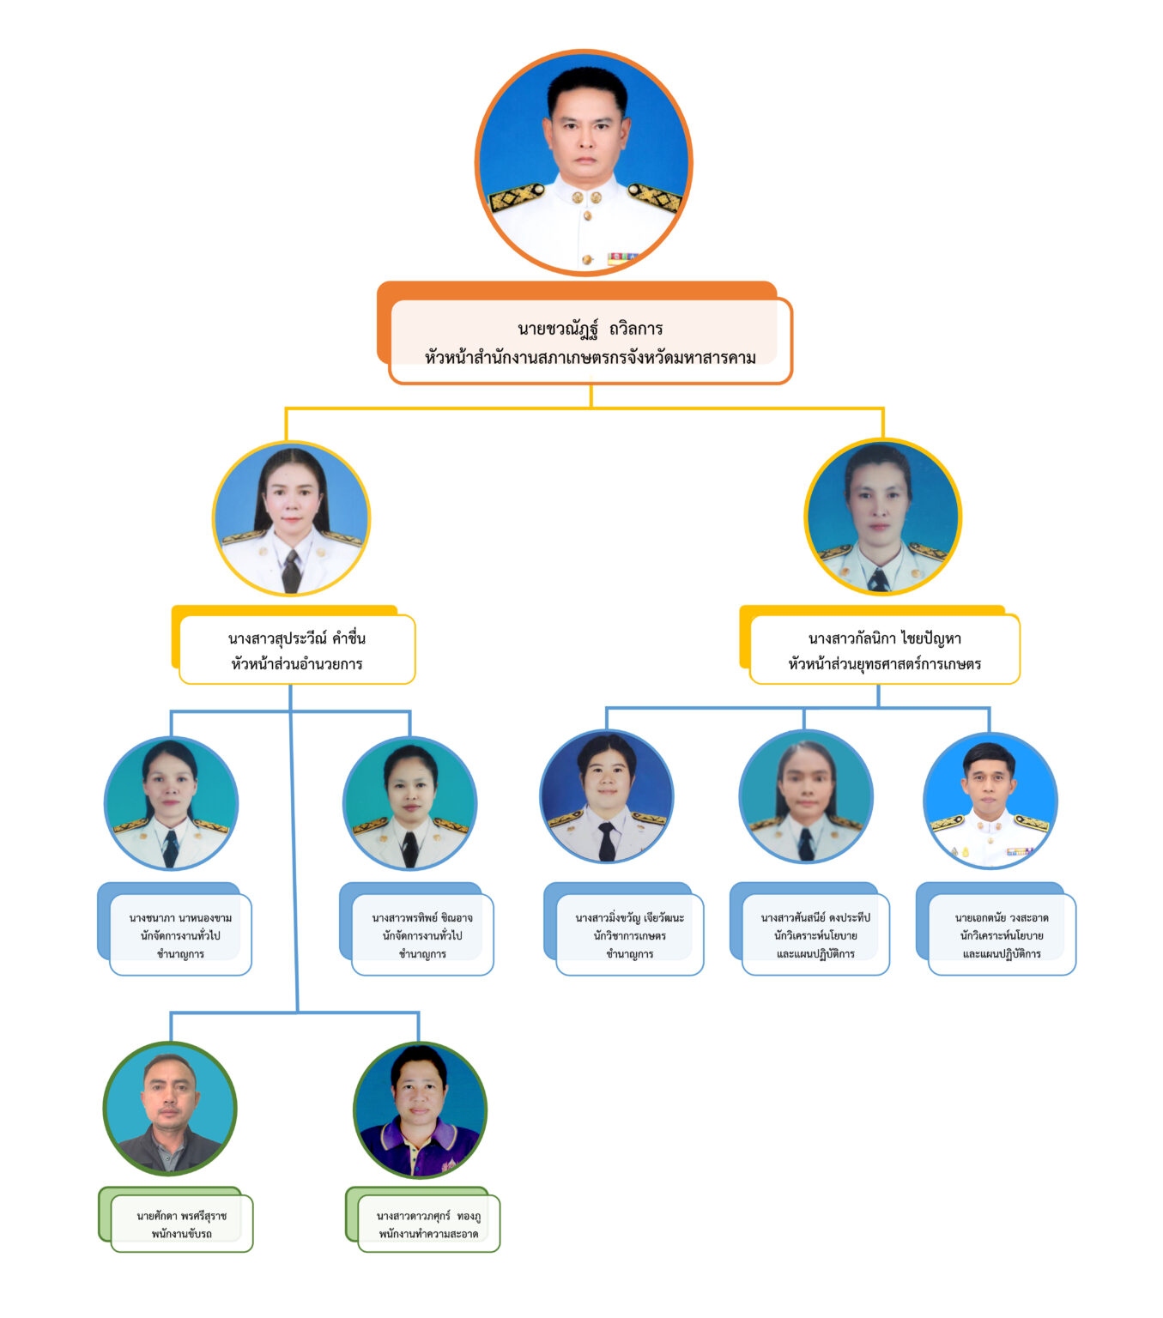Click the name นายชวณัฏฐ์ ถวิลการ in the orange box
590,329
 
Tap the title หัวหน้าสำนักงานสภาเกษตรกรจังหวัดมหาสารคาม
590,357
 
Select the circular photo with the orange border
584,163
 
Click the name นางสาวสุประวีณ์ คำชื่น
296,638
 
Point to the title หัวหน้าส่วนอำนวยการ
296,663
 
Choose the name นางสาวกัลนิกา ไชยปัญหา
884,638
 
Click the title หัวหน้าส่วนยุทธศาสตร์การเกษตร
884,663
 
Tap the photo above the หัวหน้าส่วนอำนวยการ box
291,518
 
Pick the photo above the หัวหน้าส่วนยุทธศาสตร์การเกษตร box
882,517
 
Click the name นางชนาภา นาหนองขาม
180,918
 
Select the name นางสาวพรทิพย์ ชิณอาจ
422,918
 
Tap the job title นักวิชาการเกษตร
629,935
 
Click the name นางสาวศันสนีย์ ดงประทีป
815,918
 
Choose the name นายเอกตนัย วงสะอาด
1002,918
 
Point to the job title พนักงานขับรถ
181,1234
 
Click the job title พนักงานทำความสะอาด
428,1234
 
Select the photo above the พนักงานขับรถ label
170,1108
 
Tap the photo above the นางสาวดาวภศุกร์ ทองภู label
420,1110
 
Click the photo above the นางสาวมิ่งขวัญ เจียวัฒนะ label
607,797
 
